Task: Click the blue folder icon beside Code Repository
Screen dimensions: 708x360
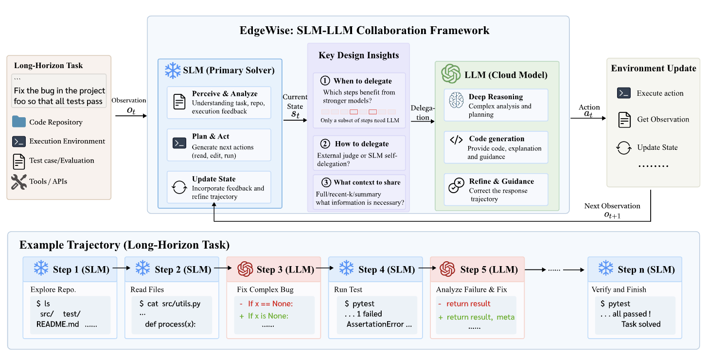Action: [19, 122]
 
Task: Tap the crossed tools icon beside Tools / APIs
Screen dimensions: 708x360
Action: [18, 182]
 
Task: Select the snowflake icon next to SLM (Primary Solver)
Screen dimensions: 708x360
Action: [173, 70]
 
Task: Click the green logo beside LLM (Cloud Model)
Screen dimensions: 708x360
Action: [451, 74]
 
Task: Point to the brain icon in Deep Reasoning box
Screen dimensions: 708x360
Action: [457, 100]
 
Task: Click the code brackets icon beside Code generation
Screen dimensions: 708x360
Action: [456, 140]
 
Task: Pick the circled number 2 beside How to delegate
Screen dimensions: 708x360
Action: [325, 144]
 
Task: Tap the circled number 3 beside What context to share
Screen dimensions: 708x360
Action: [326, 182]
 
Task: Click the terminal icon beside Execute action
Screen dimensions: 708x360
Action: [623, 93]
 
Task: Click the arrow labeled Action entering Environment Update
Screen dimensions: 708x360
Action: [588, 118]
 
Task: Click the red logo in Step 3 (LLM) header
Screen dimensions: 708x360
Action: [245, 269]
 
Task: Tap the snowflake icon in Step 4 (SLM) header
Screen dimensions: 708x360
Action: [346, 268]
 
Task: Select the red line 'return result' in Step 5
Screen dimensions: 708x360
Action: [464, 304]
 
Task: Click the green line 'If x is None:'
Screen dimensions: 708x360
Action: [264, 316]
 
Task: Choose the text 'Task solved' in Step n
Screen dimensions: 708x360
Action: [641, 324]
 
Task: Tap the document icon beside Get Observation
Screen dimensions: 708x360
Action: [624, 120]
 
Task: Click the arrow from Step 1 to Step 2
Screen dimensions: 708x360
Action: [122, 268]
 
